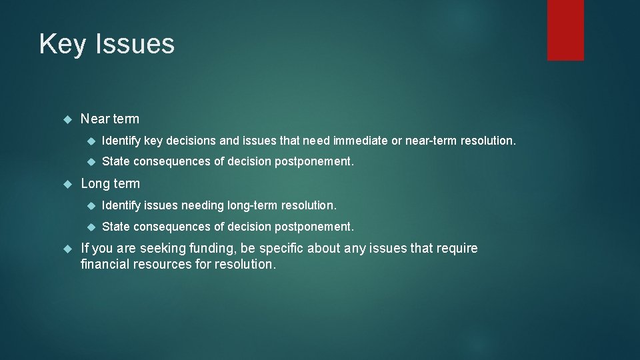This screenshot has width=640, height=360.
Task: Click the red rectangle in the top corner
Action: [x=565, y=30]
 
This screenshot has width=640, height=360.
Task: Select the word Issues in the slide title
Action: [x=135, y=45]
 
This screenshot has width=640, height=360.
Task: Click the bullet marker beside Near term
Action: [x=66, y=119]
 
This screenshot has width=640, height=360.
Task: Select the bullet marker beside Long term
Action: [x=66, y=183]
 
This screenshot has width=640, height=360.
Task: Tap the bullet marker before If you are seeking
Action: [x=66, y=249]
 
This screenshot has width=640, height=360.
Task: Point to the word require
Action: [x=457, y=249]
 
